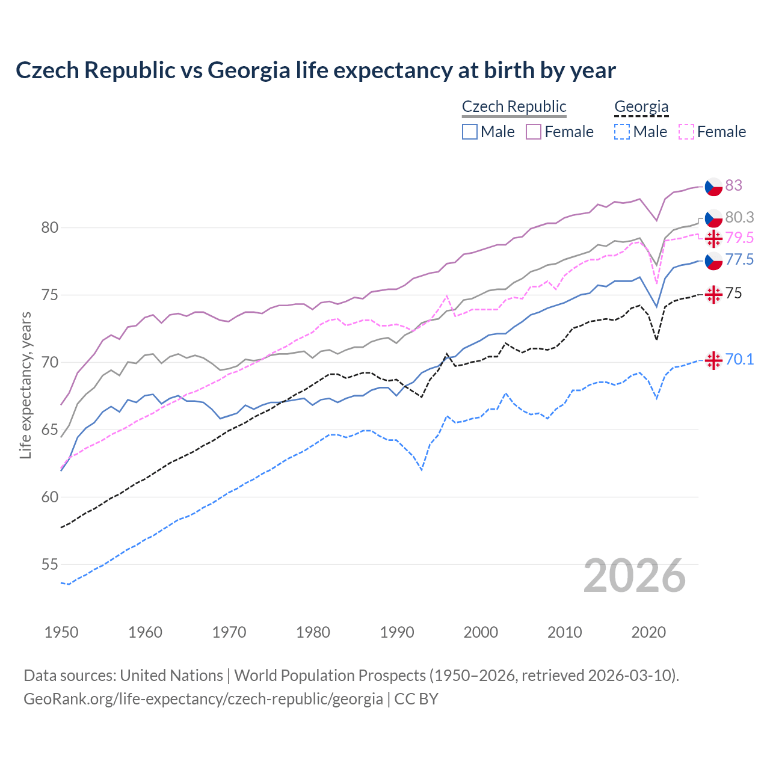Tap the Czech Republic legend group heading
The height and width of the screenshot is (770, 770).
point(514,106)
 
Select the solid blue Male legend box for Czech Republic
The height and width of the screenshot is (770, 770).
point(470,132)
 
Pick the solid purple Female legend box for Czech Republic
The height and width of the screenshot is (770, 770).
point(534,132)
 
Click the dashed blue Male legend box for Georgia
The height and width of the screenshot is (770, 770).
point(622,132)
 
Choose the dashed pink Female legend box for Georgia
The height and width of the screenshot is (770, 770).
point(686,132)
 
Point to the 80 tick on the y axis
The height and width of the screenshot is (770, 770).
point(49,227)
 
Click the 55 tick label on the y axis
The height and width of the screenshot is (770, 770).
point(49,564)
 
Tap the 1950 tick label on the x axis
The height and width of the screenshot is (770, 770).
point(61,632)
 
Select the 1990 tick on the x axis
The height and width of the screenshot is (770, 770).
point(397,632)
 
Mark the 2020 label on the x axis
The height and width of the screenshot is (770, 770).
point(648,632)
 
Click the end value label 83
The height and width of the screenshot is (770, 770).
point(733,185)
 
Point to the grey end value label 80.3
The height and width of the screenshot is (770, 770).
point(739,217)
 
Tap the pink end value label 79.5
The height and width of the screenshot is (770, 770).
point(739,238)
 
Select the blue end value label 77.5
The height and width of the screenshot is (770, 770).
point(739,259)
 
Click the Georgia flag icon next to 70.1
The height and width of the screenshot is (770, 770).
point(713,360)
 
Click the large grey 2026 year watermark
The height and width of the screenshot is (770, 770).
point(634,576)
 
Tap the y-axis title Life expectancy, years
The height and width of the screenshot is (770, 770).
point(25,385)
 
